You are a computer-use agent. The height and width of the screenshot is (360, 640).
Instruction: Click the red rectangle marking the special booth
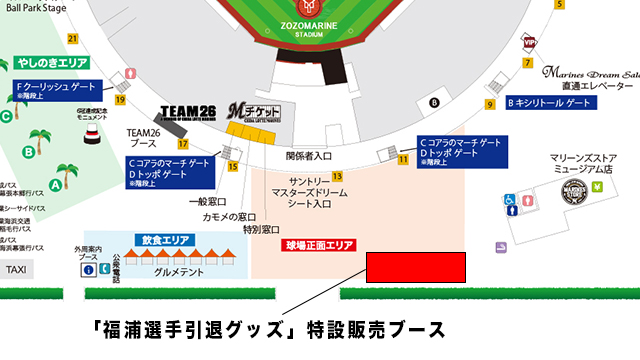click(416, 268)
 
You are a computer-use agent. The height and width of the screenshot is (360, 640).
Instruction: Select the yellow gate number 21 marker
click(72, 39)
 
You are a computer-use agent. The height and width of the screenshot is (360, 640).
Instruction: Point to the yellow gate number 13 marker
click(338, 175)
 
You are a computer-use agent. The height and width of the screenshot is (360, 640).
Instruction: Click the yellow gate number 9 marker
click(491, 104)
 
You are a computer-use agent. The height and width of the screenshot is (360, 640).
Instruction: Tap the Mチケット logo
click(251, 111)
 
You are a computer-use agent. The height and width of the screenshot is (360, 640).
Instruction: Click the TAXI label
click(16, 270)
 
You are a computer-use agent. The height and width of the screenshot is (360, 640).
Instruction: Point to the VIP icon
click(530, 44)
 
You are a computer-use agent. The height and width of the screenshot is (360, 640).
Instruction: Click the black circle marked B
click(434, 102)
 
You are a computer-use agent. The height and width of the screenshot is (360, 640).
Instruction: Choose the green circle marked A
click(57, 184)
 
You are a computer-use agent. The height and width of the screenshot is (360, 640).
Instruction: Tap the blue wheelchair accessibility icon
click(509, 200)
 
